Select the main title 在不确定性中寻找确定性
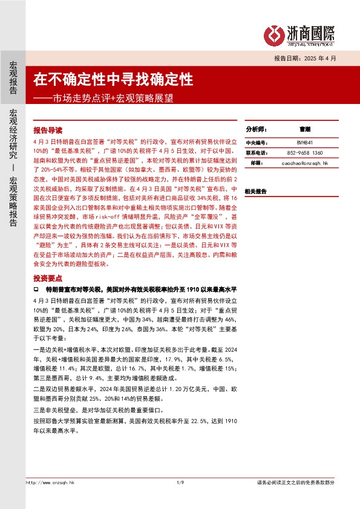click(113, 79)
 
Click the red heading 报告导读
click(48, 129)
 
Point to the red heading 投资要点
click(48, 277)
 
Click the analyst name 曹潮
click(305, 129)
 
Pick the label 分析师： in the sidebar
click(255, 129)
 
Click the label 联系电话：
click(256, 153)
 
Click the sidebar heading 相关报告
click(255, 191)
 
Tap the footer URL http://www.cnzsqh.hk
click(51, 482)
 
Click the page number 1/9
click(180, 482)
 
